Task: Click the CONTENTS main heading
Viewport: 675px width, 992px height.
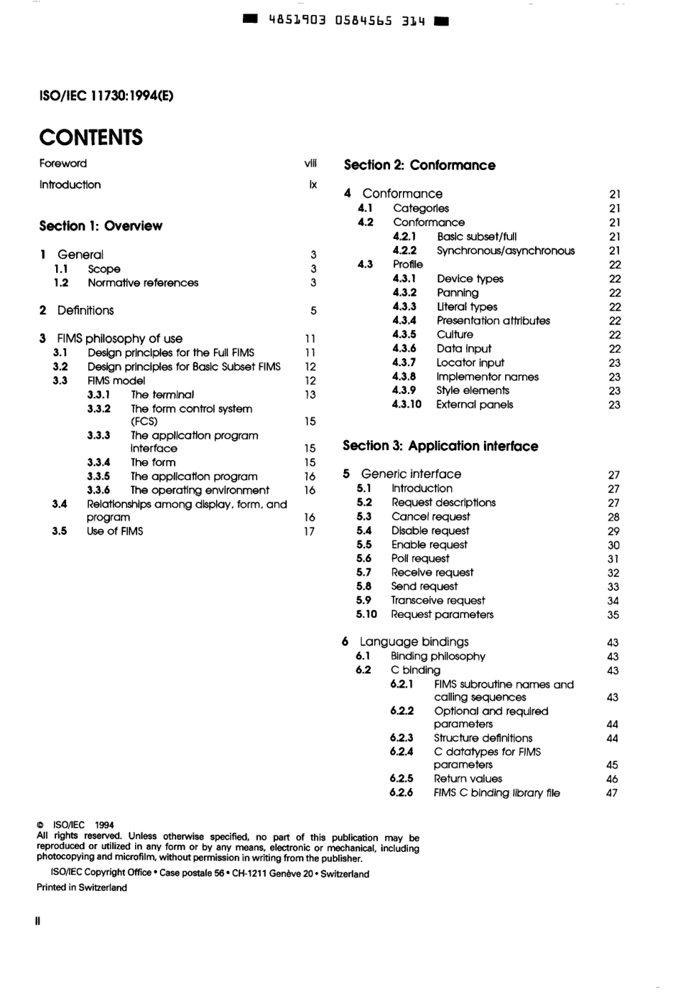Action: pos(91,137)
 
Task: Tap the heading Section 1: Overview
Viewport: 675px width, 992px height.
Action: pos(100,226)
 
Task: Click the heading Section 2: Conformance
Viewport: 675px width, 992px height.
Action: pos(419,165)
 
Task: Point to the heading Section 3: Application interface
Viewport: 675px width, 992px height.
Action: pos(440,446)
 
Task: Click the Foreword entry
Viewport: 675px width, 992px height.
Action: pos(63,164)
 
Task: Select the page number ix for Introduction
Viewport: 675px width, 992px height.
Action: pos(313,185)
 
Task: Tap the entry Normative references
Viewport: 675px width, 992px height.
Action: pos(143,283)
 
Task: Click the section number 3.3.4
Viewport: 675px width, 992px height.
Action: pos(99,462)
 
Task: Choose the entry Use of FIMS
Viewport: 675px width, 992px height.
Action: pos(114,531)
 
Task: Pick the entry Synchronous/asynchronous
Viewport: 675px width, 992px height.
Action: pos(505,250)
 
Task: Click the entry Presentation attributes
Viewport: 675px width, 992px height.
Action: pos(493,321)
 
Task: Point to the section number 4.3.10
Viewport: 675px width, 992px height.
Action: pos(406,405)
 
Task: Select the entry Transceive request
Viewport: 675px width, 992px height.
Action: pos(438,600)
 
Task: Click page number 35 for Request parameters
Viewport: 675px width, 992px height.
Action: pos(613,615)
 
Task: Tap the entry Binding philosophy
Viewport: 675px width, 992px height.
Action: pos(438,656)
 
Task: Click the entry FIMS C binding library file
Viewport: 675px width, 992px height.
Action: pos(497,793)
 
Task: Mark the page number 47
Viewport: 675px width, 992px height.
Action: pos(612,793)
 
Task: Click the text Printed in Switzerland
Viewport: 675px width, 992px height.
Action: pos(82,887)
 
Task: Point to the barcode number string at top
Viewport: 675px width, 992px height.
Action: pos(346,21)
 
